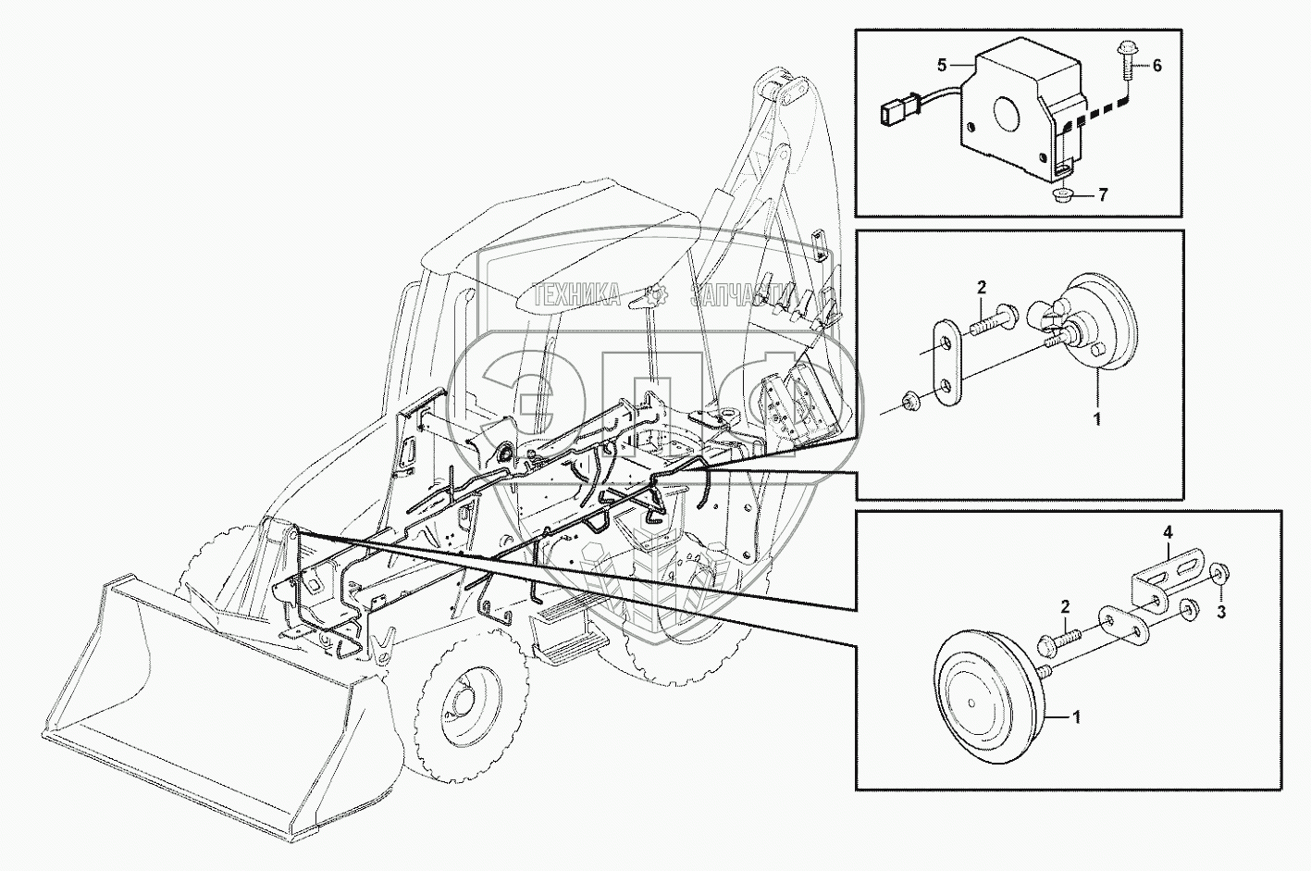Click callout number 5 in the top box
click(942, 65)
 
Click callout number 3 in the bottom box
click(1220, 611)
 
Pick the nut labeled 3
click(1218, 576)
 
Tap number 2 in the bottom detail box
click(1065, 606)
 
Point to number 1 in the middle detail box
click(1097, 419)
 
